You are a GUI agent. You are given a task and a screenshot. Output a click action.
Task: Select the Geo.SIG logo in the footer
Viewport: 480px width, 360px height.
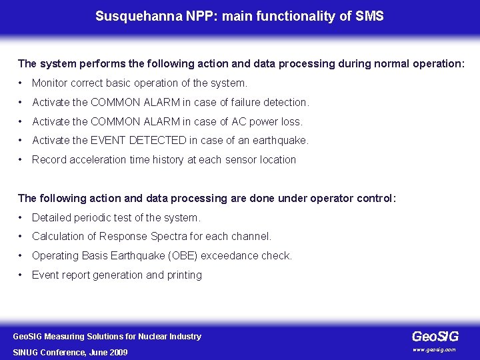click(x=435, y=337)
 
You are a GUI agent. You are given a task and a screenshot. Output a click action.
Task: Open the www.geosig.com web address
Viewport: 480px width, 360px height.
click(x=434, y=349)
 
